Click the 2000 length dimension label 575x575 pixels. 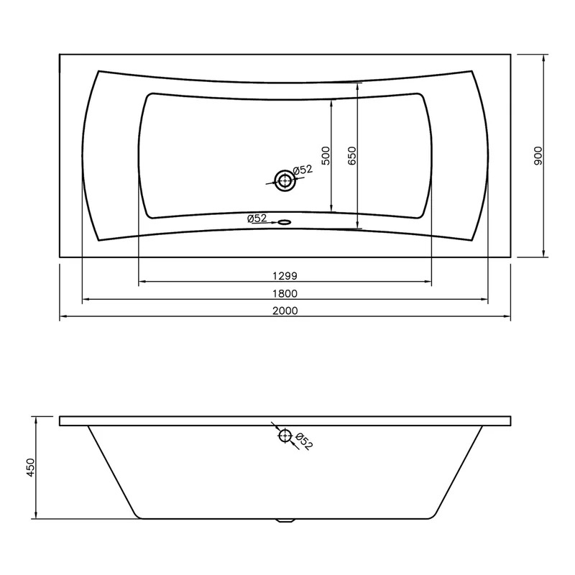coord(285,310)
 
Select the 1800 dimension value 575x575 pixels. coord(285,293)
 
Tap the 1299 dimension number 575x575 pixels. coord(285,275)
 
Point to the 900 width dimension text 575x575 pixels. coord(538,155)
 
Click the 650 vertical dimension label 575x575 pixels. coord(351,155)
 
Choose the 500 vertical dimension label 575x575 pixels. coord(326,155)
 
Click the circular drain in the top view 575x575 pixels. coord(285,180)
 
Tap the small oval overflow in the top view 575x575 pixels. coord(285,222)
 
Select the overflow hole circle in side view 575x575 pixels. coord(285,436)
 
